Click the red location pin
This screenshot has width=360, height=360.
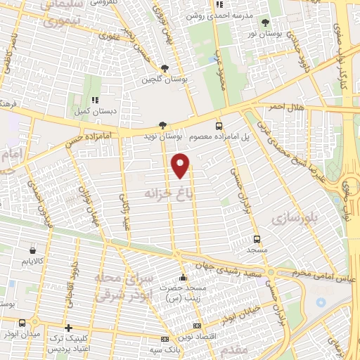pyautogui.click(x=181, y=165)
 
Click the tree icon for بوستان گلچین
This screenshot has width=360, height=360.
pyautogui.click(x=164, y=68)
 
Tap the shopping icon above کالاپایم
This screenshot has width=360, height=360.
pyautogui.click(x=33, y=250)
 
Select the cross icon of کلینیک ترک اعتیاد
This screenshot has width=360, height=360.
pyautogui.click(x=67, y=327)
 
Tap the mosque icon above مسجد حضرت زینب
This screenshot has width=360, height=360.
pyautogui.click(x=183, y=276)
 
